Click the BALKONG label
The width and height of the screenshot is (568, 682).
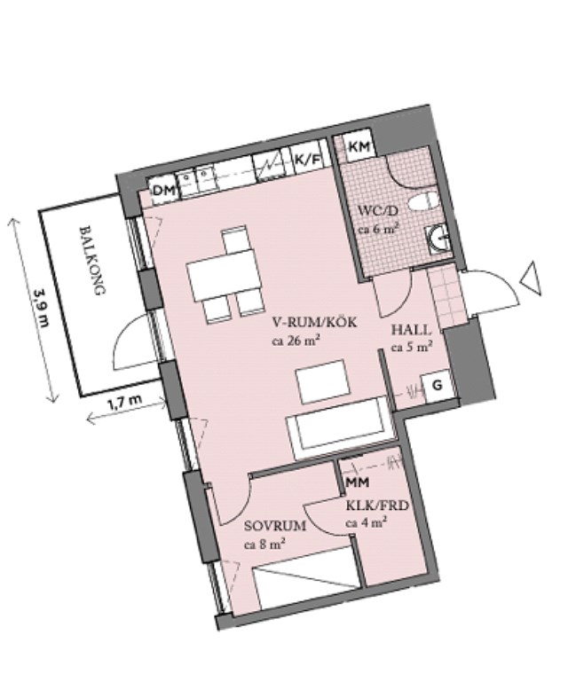tap(92, 260)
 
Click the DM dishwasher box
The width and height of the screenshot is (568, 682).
tap(162, 189)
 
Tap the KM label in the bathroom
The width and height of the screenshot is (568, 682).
tap(359, 146)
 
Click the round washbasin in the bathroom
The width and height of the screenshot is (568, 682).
tap(438, 238)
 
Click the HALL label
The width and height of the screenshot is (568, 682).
tap(412, 330)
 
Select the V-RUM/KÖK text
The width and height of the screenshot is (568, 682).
tap(314, 323)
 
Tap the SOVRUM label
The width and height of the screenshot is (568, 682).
tap(274, 525)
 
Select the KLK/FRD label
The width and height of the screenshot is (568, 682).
tap(376, 509)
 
